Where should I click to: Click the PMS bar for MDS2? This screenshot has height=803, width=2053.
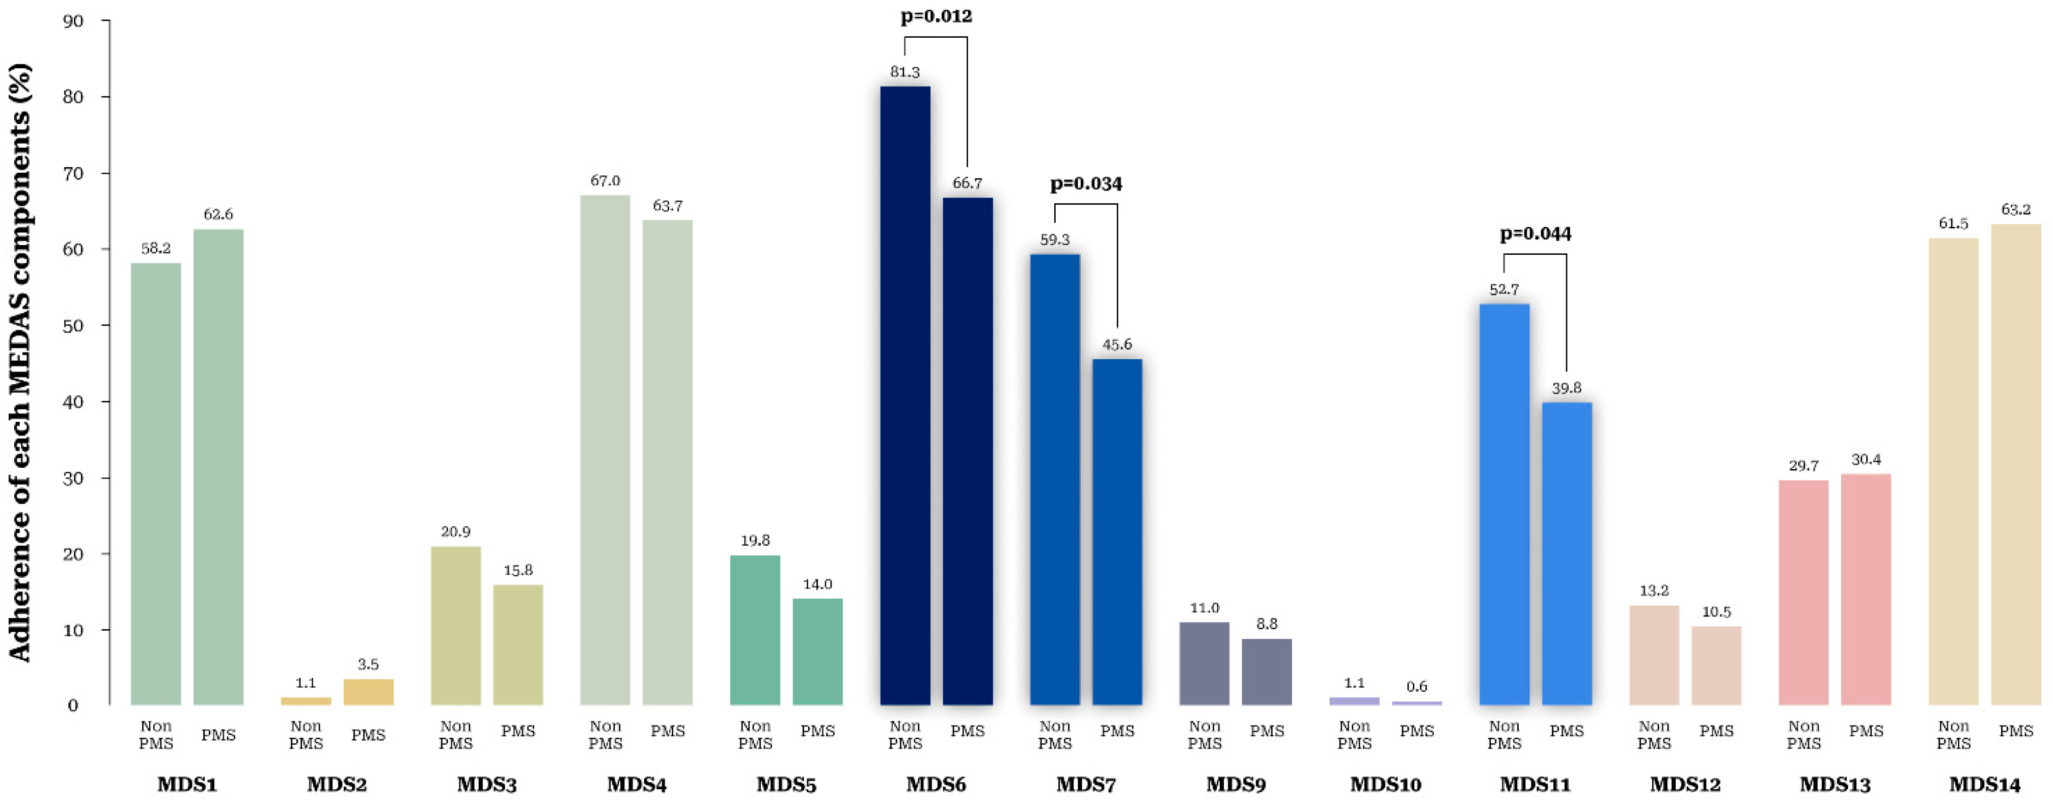[x=368, y=691]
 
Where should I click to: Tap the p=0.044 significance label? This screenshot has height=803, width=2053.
[x=1535, y=234]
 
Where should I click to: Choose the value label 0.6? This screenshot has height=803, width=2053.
[x=1416, y=687]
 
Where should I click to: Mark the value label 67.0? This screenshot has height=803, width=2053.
[x=605, y=181]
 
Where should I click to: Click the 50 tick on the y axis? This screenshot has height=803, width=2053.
[x=73, y=326]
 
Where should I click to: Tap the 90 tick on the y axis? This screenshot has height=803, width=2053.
[x=73, y=21]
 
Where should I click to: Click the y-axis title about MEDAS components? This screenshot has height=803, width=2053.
[x=20, y=363]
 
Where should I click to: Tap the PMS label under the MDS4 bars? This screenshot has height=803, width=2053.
[x=667, y=731]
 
